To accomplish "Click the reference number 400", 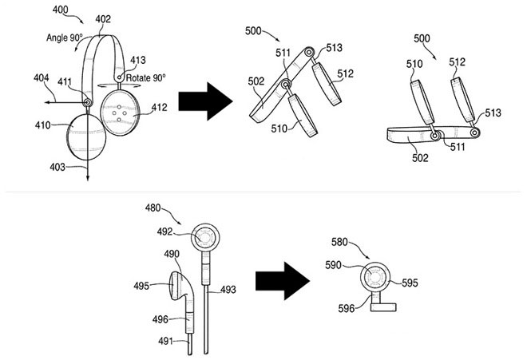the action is pos(60,10).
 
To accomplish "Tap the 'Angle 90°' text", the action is pos(64,38).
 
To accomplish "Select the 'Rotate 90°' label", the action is pos(145,78).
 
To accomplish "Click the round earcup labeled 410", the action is pos(86,137).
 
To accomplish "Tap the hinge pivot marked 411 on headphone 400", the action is pos(88,102).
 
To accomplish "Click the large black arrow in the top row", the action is pos(205,101).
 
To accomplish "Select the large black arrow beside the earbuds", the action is pos(283,281).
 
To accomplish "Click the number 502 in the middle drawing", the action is pos(256,81).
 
